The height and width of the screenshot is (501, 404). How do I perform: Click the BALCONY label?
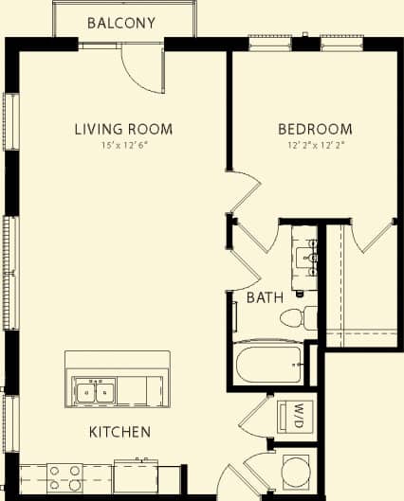[121, 23]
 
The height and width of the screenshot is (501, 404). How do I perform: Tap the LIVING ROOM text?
[123, 129]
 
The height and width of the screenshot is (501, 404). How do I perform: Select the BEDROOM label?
[314, 129]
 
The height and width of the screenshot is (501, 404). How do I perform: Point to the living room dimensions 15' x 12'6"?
[123, 146]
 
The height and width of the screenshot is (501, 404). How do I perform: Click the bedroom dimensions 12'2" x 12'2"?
[314, 146]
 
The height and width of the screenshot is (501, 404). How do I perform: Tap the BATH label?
[265, 297]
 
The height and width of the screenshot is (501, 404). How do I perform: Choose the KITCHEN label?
[119, 432]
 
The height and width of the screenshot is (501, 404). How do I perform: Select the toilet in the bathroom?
[303, 317]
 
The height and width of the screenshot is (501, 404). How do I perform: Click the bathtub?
[268, 364]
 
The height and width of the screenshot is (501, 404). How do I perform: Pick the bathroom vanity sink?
[308, 254]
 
